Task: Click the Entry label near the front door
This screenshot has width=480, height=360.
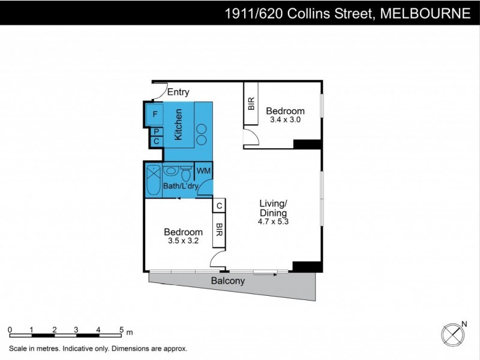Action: (178, 92)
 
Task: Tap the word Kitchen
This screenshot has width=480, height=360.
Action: (178, 125)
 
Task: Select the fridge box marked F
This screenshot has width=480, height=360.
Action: (155, 113)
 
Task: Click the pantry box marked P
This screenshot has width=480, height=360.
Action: (156, 131)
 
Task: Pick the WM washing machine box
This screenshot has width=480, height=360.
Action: (203, 170)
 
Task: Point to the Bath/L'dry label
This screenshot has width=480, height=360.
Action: (181, 187)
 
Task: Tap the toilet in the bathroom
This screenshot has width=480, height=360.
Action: (186, 175)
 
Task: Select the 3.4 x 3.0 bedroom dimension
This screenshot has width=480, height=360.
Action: (285, 120)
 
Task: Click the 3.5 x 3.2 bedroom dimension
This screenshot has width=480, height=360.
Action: (183, 241)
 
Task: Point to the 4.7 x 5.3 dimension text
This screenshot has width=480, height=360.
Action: (273, 221)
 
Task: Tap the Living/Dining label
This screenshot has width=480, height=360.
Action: (273, 208)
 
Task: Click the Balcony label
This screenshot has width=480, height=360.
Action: (227, 281)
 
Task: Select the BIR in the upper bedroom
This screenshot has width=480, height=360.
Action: (251, 104)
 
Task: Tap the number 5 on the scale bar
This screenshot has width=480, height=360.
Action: (121, 330)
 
